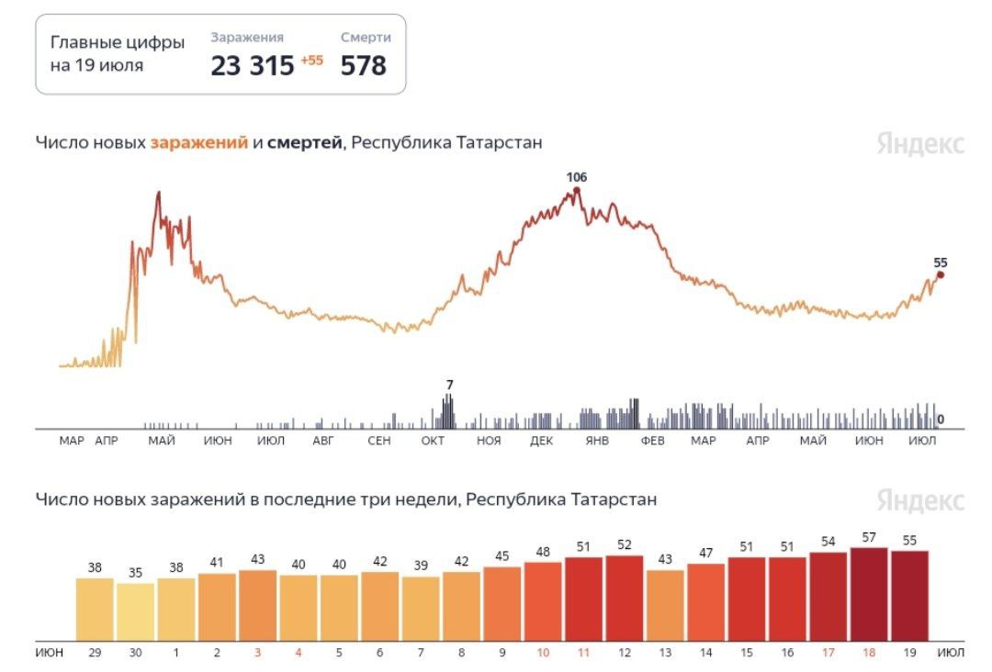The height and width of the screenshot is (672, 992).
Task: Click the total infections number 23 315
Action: click(253, 66)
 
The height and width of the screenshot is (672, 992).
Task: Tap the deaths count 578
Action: click(364, 66)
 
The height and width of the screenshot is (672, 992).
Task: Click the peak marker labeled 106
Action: click(577, 191)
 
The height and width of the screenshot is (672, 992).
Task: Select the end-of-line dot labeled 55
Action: click(940, 274)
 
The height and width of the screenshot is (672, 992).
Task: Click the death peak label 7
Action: click(449, 385)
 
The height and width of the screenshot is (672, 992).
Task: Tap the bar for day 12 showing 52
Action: click(625, 598)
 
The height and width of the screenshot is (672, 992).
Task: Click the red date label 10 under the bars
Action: click(543, 653)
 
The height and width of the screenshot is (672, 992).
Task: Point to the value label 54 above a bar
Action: click(828, 542)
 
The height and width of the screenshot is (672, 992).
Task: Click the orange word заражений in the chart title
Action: click(199, 143)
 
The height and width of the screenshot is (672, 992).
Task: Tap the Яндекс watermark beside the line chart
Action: click(919, 144)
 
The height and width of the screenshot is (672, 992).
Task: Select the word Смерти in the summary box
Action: click(366, 38)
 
